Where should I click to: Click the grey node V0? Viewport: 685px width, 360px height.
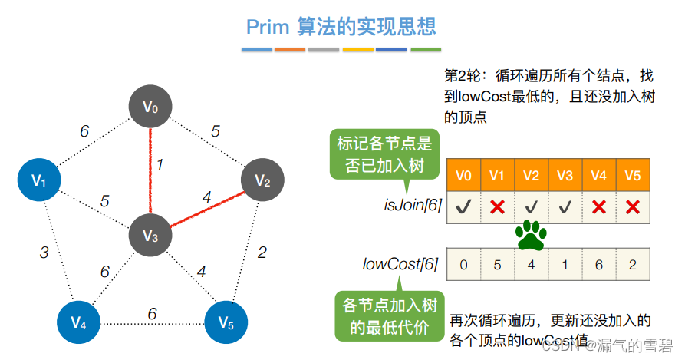[x=150, y=107]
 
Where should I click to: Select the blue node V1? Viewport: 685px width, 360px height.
[x=39, y=180]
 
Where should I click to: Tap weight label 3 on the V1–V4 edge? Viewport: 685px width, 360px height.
[x=45, y=252]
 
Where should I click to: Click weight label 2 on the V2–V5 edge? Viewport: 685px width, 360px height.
[x=262, y=252]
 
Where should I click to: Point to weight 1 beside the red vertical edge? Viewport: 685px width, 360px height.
[x=160, y=164]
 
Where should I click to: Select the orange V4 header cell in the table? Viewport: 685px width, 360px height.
[x=599, y=175]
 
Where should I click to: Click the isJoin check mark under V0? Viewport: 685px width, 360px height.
[x=463, y=206]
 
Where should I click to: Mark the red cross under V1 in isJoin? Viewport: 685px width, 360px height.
[x=497, y=206]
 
